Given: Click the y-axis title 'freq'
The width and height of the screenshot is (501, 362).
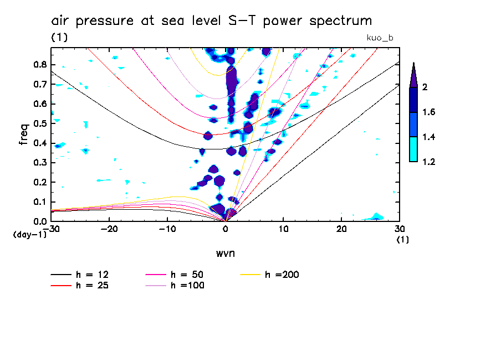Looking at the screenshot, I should (23, 134).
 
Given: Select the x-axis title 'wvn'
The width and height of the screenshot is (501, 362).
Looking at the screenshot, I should (226, 254).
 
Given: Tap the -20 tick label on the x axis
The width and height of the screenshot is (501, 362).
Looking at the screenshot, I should (109, 229).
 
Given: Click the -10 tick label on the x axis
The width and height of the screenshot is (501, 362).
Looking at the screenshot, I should (167, 229).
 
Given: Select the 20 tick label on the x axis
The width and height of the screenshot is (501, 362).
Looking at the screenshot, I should (341, 229).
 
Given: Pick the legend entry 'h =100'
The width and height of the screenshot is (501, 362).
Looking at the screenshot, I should (188, 286).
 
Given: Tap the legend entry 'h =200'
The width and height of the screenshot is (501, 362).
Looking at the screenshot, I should (282, 275).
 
